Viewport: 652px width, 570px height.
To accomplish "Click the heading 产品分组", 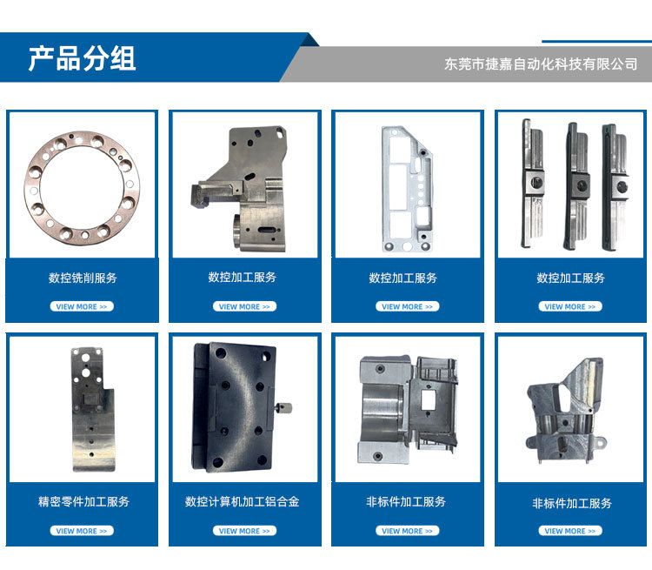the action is tap(82, 58).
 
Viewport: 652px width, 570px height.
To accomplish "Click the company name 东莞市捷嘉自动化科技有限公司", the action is tap(541, 64).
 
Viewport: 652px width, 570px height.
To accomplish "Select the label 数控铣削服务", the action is tap(83, 278).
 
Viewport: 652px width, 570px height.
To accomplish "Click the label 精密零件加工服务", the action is tap(83, 501).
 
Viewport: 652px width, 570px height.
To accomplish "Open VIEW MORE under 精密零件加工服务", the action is tap(82, 531).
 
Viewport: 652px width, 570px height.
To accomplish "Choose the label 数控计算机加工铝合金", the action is tap(242, 501).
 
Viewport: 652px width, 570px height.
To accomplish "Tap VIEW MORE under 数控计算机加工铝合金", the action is tap(244, 531).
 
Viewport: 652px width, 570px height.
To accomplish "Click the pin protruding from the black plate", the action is tap(283, 407).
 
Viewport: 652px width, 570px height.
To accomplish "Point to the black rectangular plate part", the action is tap(233, 407).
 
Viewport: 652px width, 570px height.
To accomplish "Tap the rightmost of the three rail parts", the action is tap(615, 187).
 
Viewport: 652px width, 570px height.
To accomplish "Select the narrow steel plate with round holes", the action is tap(92, 410).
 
